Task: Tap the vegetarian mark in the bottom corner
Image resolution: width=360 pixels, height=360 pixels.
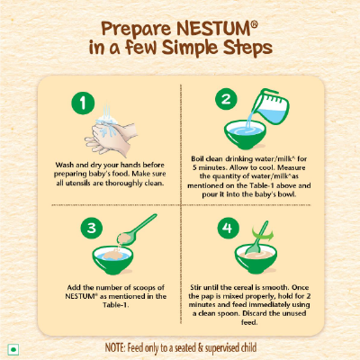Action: pyautogui.click(x=13, y=346)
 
